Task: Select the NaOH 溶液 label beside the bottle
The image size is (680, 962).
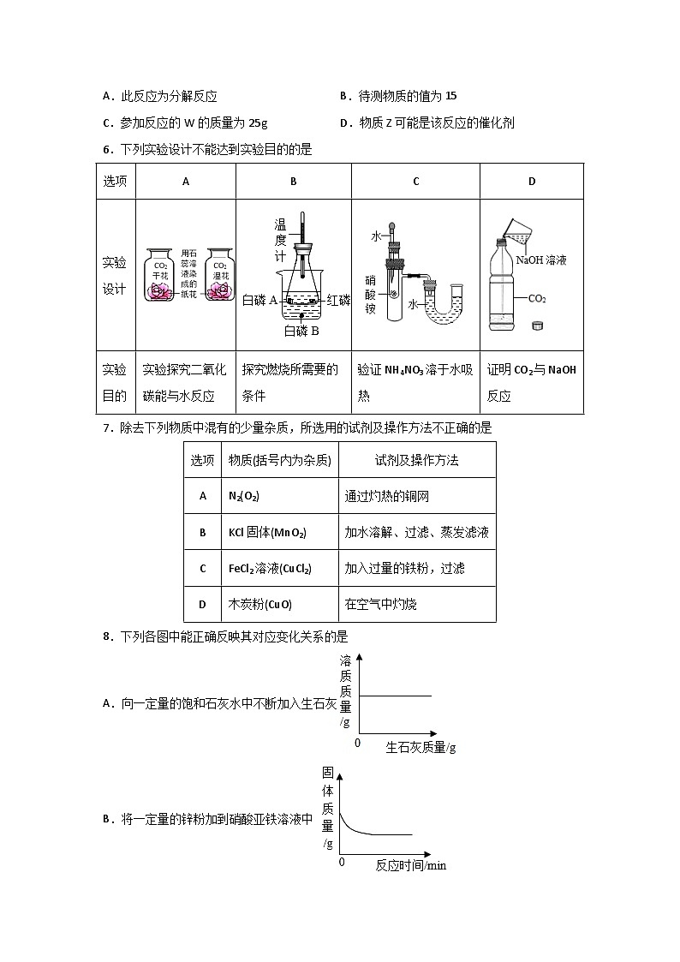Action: [x=541, y=260]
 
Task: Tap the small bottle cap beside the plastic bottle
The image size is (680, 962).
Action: [x=538, y=325]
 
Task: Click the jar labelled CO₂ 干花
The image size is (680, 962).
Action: [x=161, y=277]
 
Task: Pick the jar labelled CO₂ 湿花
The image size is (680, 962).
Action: [x=220, y=277]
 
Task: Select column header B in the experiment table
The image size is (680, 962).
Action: [x=293, y=182]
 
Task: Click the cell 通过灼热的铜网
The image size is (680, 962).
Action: [x=386, y=495]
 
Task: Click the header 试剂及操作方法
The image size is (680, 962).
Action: [x=416, y=460]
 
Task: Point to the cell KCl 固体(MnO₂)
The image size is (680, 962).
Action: [x=267, y=532]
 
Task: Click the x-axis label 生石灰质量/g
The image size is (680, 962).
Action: [x=421, y=747]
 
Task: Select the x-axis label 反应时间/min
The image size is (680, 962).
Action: [x=411, y=864]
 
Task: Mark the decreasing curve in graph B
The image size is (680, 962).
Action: [x=360, y=828]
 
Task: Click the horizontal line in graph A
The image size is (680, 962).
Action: [x=394, y=696]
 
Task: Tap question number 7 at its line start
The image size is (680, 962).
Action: [x=106, y=427]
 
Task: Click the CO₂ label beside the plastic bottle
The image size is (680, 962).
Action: [x=537, y=299]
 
